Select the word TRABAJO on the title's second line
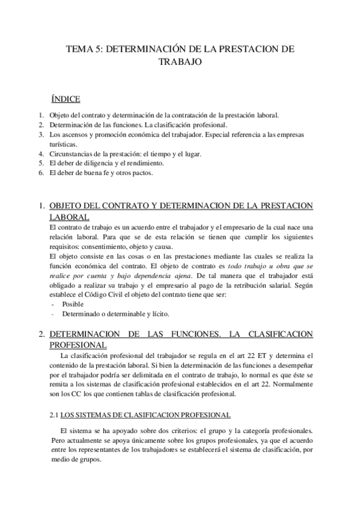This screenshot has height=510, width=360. (180, 62)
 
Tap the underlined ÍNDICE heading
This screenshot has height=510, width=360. (67, 97)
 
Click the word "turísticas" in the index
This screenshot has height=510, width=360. (62, 144)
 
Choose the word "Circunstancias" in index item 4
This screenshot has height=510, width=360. (69, 153)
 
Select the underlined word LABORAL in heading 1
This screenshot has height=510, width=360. (69, 217)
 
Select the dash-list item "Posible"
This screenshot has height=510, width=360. (73, 304)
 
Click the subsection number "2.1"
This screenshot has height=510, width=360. (53, 416)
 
